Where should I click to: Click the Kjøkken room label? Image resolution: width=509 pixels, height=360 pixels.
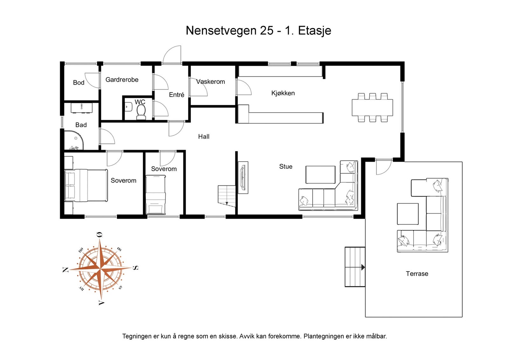(283, 93)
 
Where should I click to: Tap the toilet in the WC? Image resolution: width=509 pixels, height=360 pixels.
(141, 112)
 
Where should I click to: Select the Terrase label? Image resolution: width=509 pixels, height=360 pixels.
(417, 274)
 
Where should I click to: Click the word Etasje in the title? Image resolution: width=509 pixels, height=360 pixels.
(314, 31)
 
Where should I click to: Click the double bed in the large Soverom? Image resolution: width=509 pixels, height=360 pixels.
(86, 185)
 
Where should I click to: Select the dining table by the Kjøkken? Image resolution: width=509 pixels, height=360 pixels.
(372, 107)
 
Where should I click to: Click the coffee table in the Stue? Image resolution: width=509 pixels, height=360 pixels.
(320, 175)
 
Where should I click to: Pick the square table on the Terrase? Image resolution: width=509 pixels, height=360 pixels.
(408, 214)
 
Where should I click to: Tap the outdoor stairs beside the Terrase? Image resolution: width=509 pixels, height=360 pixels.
(355, 267)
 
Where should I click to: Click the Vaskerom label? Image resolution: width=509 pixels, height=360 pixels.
(210, 82)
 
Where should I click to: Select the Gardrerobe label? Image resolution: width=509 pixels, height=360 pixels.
(122, 80)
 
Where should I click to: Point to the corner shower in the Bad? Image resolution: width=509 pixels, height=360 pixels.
(73, 140)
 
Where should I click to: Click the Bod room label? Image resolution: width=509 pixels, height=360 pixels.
(79, 83)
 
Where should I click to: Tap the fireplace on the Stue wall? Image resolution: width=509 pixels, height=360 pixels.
(243, 177)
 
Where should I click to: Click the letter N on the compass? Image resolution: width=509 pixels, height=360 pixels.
(66, 270)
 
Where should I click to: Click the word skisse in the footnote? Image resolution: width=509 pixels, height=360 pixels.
(227, 336)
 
